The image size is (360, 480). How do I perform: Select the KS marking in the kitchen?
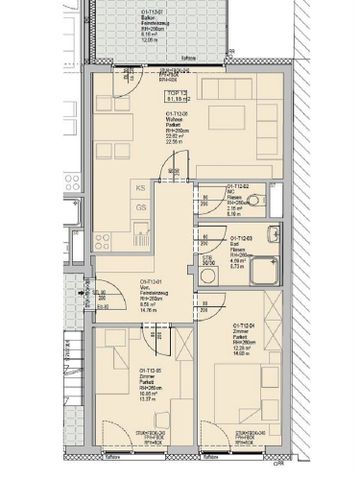click(141, 188)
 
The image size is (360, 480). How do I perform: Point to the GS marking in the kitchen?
click(141, 207)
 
